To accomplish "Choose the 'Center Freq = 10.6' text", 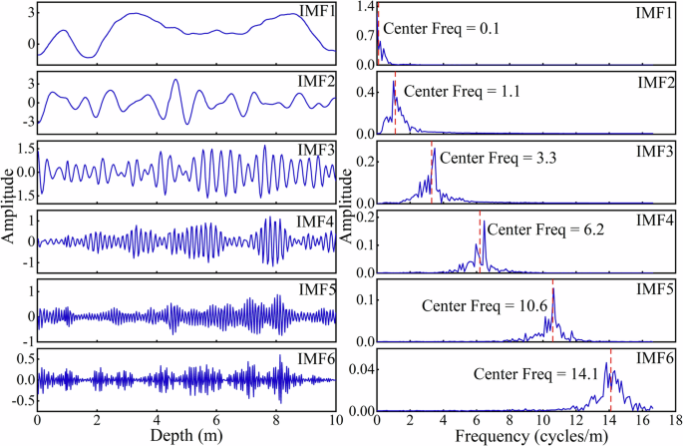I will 486,305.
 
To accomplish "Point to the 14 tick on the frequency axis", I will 608,421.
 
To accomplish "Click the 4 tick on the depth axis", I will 157,421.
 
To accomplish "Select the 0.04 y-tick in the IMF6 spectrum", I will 360,369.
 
